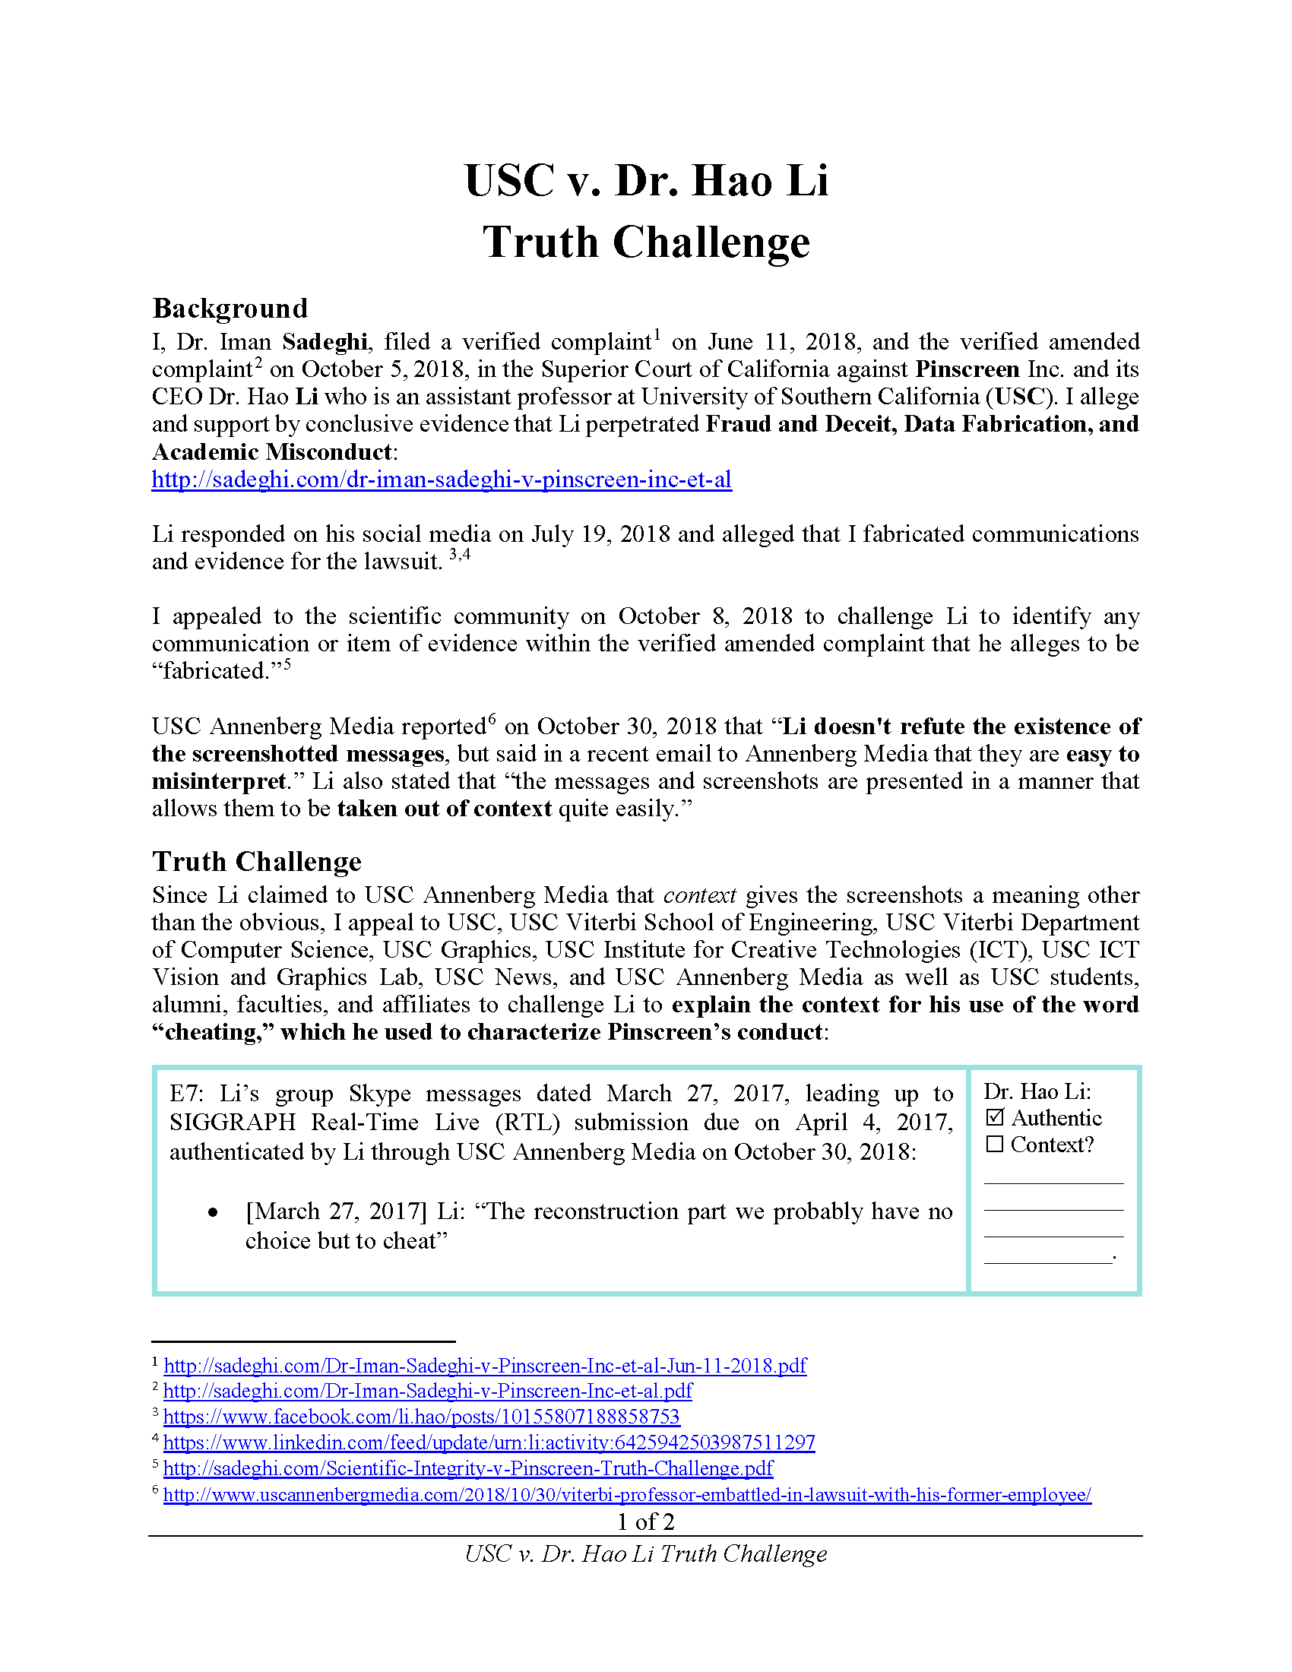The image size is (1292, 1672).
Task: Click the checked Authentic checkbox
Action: coord(994,1118)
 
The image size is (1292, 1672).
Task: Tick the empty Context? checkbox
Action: coord(994,1145)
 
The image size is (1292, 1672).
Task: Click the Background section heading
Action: coord(230,308)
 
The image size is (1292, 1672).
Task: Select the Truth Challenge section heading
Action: coord(256,861)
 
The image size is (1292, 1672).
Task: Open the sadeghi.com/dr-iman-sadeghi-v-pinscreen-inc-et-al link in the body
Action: coord(441,480)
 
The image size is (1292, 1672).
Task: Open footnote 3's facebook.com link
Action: coord(421,1417)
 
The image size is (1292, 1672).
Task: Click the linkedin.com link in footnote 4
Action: coord(489,1442)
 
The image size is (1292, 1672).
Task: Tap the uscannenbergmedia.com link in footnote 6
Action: coord(627,1494)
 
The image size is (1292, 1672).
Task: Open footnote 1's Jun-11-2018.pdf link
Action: coord(485,1365)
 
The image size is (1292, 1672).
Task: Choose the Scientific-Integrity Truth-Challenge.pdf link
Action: coord(467,1468)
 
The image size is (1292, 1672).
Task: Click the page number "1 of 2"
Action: coord(645,1522)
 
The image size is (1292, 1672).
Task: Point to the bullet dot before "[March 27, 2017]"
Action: coord(213,1213)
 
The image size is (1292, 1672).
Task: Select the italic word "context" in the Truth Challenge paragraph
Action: coord(698,895)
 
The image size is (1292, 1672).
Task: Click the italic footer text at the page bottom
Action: coord(645,1553)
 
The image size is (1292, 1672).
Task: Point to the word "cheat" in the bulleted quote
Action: coord(407,1240)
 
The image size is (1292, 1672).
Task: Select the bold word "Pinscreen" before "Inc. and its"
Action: coord(967,369)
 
